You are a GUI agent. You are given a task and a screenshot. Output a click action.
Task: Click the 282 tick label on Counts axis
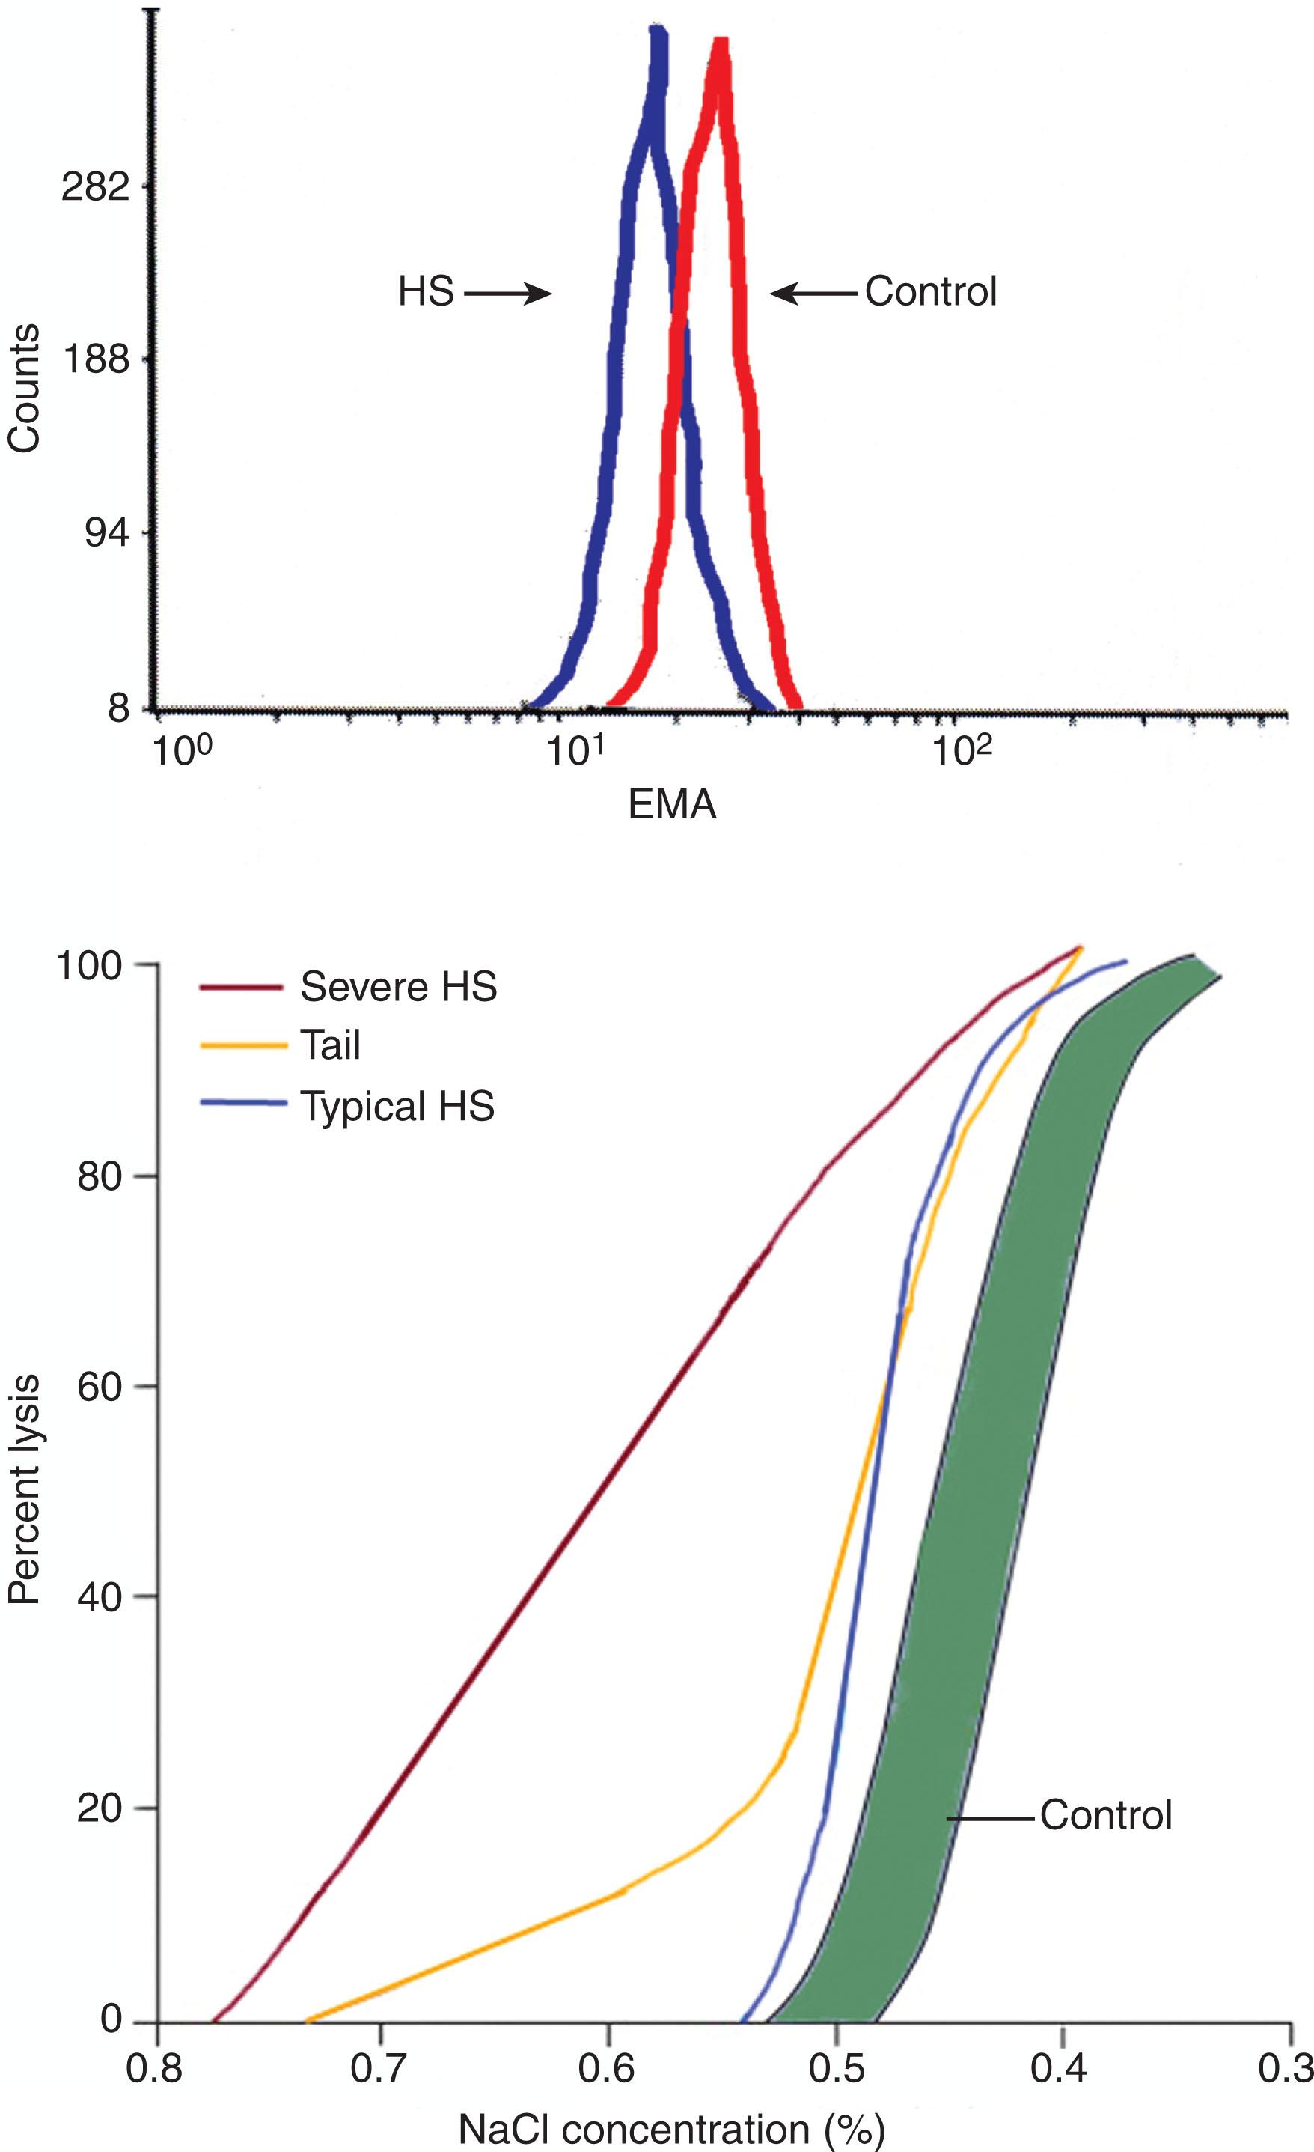click(95, 187)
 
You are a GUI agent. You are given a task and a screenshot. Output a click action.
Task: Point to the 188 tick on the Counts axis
click(95, 360)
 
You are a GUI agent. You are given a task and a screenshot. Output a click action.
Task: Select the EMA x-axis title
click(671, 804)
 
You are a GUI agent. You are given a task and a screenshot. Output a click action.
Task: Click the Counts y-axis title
click(25, 388)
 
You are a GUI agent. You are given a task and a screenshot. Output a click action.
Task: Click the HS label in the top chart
click(426, 292)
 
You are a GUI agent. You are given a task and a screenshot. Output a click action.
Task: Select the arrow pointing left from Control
click(813, 294)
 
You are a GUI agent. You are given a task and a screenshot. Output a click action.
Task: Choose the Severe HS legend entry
click(398, 987)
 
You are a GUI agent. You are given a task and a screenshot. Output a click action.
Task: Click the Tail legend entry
click(330, 1045)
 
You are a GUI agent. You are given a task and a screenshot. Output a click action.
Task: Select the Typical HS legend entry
click(397, 1106)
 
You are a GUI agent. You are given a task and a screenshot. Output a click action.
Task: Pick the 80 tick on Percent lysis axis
click(99, 1176)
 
